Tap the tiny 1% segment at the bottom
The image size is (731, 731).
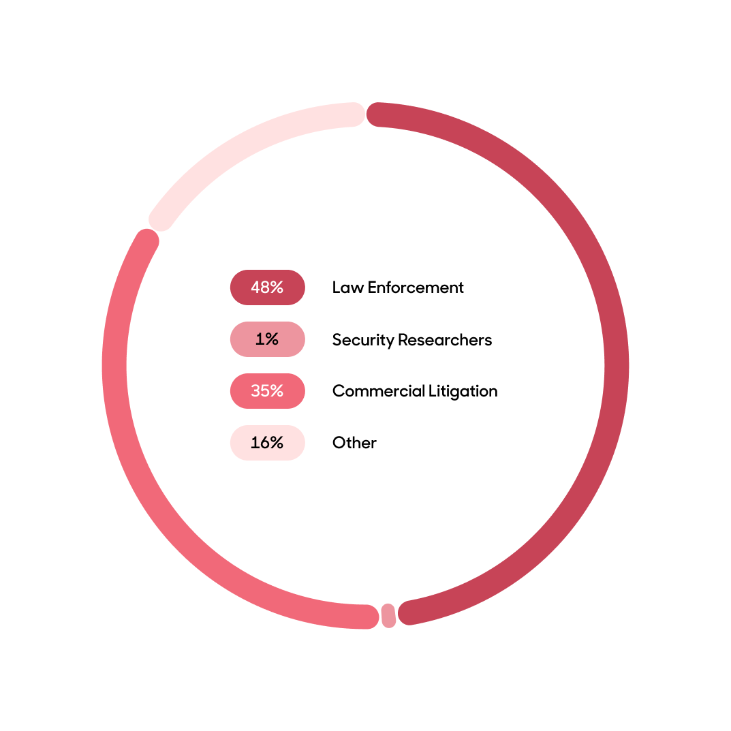point(388,616)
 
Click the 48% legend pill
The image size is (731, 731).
point(267,287)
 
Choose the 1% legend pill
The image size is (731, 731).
point(267,339)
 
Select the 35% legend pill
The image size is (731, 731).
point(267,391)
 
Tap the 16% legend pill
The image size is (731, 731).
point(267,443)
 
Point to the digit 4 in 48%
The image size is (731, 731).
point(255,287)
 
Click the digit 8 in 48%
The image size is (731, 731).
point(264,287)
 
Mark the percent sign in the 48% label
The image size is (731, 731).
point(276,287)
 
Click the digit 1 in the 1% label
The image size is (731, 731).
point(260,339)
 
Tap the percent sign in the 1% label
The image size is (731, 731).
point(271,339)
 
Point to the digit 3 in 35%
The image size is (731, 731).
point(255,391)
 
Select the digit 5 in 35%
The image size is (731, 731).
point(264,391)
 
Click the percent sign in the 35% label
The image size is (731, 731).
point(276,391)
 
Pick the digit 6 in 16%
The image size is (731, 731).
point(264,443)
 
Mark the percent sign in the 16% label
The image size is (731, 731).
point(276,443)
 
